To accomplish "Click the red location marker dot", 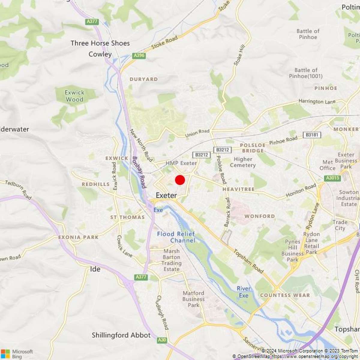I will point(180,180).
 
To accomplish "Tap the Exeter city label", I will point(166,195).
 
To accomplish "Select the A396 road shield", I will point(139,55).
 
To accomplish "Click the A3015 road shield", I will point(332,178).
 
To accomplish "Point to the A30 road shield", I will point(162,340).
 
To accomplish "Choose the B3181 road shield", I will point(312,135).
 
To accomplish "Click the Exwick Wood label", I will point(75,96).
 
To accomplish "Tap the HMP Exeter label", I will point(181,163).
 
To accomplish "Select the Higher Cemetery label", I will point(243,162).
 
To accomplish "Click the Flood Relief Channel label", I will point(176,237).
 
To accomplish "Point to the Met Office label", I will point(327,165).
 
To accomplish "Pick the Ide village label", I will point(95,269).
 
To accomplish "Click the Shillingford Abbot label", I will point(121,335).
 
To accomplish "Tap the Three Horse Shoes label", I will point(100,43).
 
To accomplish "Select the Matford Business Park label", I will point(193,299).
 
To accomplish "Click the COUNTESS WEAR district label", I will point(285,295).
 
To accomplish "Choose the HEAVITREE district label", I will point(238,189).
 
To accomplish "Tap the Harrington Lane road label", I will point(317,101).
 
